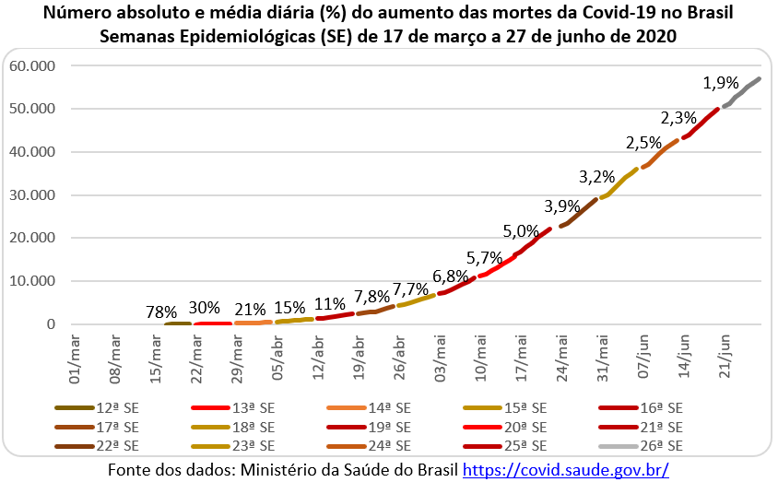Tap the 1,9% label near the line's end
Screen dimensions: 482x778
click(720, 83)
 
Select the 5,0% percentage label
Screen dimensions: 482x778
click(521, 229)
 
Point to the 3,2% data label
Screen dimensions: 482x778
click(596, 176)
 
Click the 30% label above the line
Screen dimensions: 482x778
click(204, 308)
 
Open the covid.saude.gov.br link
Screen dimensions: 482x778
click(565, 469)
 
